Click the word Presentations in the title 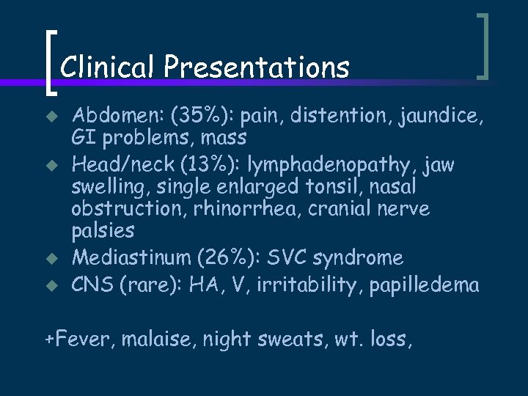pyautogui.click(x=257, y=67)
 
